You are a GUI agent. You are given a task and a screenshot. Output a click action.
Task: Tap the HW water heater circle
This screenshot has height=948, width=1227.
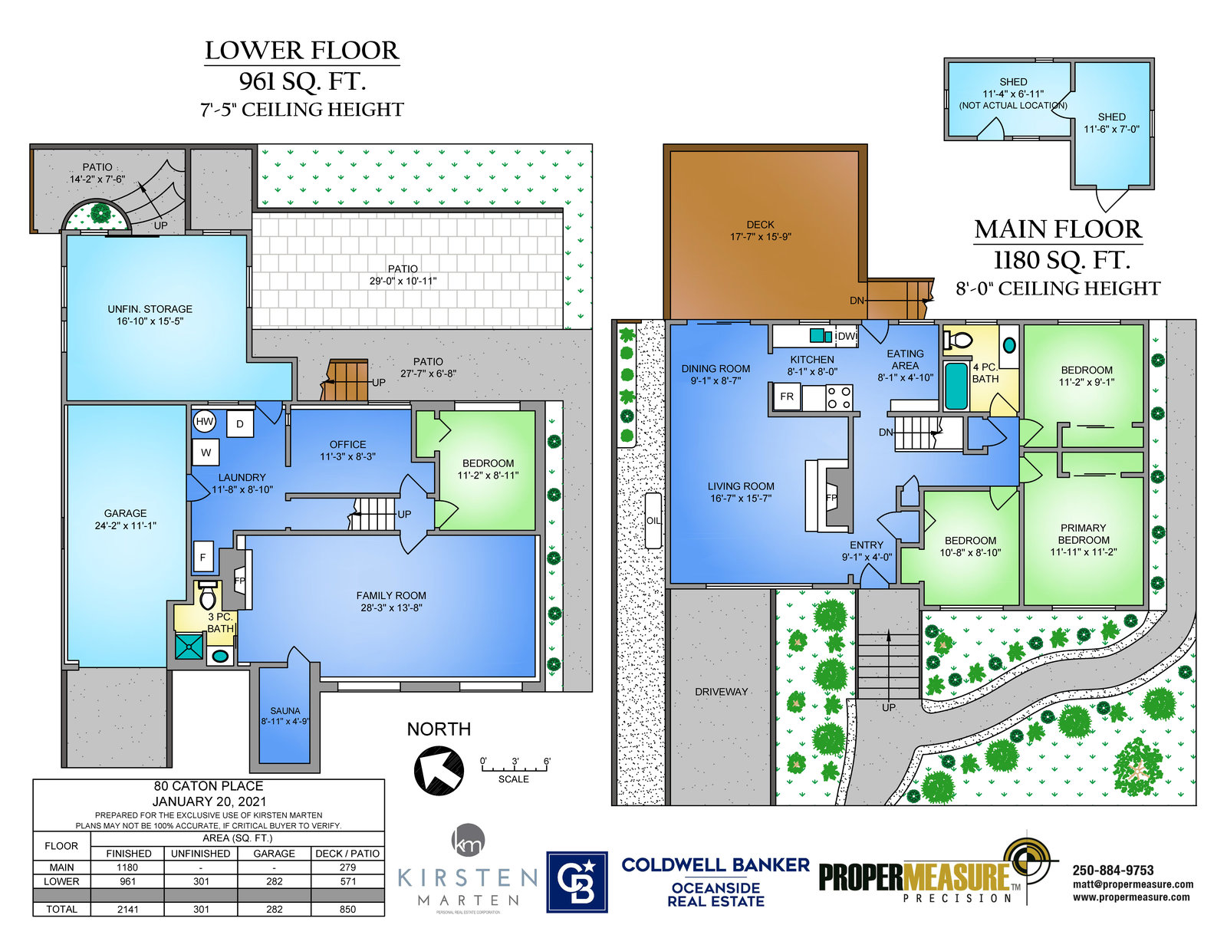point(205,421)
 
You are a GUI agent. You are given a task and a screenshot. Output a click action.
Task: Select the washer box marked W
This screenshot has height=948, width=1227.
point(206,453)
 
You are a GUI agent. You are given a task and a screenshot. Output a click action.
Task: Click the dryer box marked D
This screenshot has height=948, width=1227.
point(240,423)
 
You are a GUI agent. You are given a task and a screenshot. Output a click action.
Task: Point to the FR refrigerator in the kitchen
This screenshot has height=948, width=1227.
point(787,397)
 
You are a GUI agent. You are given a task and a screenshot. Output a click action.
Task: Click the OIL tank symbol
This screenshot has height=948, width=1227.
point(653,521)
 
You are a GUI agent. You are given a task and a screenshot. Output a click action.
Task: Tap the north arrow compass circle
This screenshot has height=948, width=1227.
point(439,770)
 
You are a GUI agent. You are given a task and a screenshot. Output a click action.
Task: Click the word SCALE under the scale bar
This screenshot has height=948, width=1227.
point(513,779)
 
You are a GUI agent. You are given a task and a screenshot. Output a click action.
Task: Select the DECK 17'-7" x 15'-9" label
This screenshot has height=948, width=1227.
point(760,230)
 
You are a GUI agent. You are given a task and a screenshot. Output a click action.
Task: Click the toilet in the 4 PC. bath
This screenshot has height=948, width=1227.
point(958,340)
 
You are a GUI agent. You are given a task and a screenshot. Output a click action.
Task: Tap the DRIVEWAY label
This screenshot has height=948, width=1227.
point(721,692)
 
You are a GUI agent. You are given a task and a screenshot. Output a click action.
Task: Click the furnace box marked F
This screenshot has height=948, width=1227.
point(202,558)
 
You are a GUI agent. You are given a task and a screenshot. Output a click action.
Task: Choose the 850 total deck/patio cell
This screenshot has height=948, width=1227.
point(348,909)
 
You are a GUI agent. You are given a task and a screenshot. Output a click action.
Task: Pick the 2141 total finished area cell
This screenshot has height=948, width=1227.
point(127,909)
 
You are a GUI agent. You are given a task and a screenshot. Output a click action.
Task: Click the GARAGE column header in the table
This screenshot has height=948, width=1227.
point(274,853)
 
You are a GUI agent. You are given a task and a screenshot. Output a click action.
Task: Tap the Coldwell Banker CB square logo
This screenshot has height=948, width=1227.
point(577,882)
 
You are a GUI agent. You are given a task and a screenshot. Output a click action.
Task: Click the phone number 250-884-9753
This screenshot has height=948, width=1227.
point(1113,870)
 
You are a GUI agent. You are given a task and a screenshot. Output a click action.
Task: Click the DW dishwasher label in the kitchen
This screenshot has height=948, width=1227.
point(846,337)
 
